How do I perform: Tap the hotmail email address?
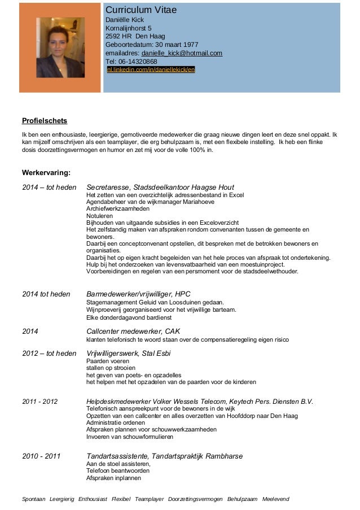coord(182,54)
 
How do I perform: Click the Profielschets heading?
coord(44,121)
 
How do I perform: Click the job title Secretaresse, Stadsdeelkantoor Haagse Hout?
coord(160,188)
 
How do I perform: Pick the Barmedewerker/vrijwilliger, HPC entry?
coord(139,294)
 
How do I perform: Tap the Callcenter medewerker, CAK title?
coord(133,331)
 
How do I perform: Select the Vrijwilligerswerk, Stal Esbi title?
coord(129,354)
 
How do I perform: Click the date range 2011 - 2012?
coord(40,402)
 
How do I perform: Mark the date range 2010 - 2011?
coord(41,456)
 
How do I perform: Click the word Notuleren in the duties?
coord(99,216)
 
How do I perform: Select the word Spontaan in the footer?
coord(33,499)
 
